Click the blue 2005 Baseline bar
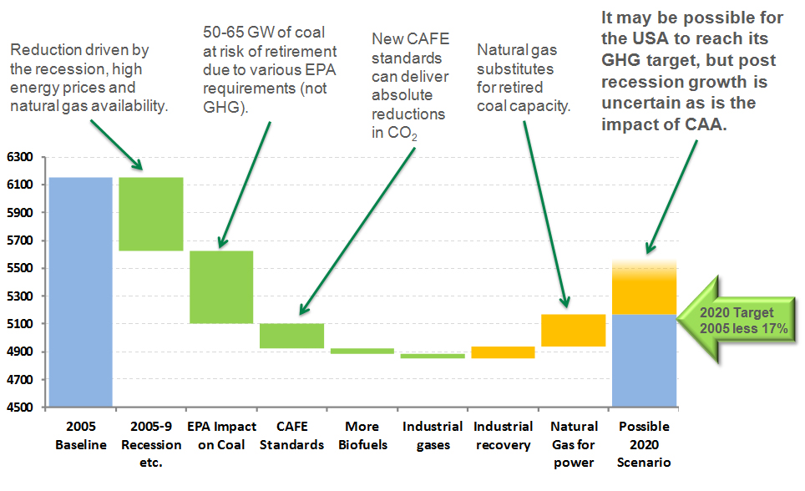click(x=80, y=291)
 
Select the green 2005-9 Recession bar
click(x=151, y=214)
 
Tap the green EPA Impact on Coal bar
click(x=221, y=286)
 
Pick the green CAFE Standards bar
click(x=291, y=336)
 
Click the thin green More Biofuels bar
click(x=362, y=352)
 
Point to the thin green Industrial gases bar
click(x=432, y=356)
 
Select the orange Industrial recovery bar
click(x=503, y=352)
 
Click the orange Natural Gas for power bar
click(x=573, y=330)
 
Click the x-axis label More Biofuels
click(x=362, y=435)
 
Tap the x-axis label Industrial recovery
click(x=503, y=435)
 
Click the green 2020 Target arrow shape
click(x=736, y=319)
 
